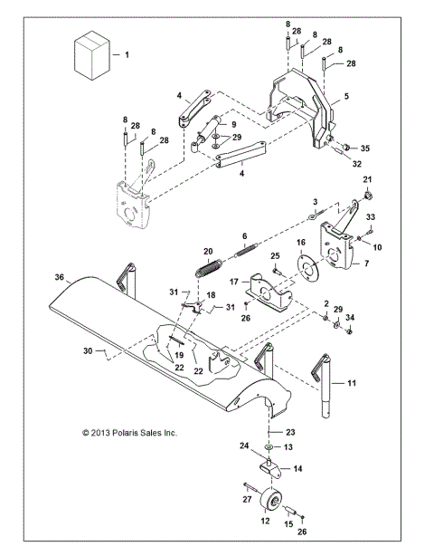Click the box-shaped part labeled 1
tap(90, 55)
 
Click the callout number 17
tap(234, 283)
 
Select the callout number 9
tap(232, 124)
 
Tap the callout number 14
tap(299, 470)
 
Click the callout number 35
tap(365, 148)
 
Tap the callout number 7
tap(366, 264)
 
